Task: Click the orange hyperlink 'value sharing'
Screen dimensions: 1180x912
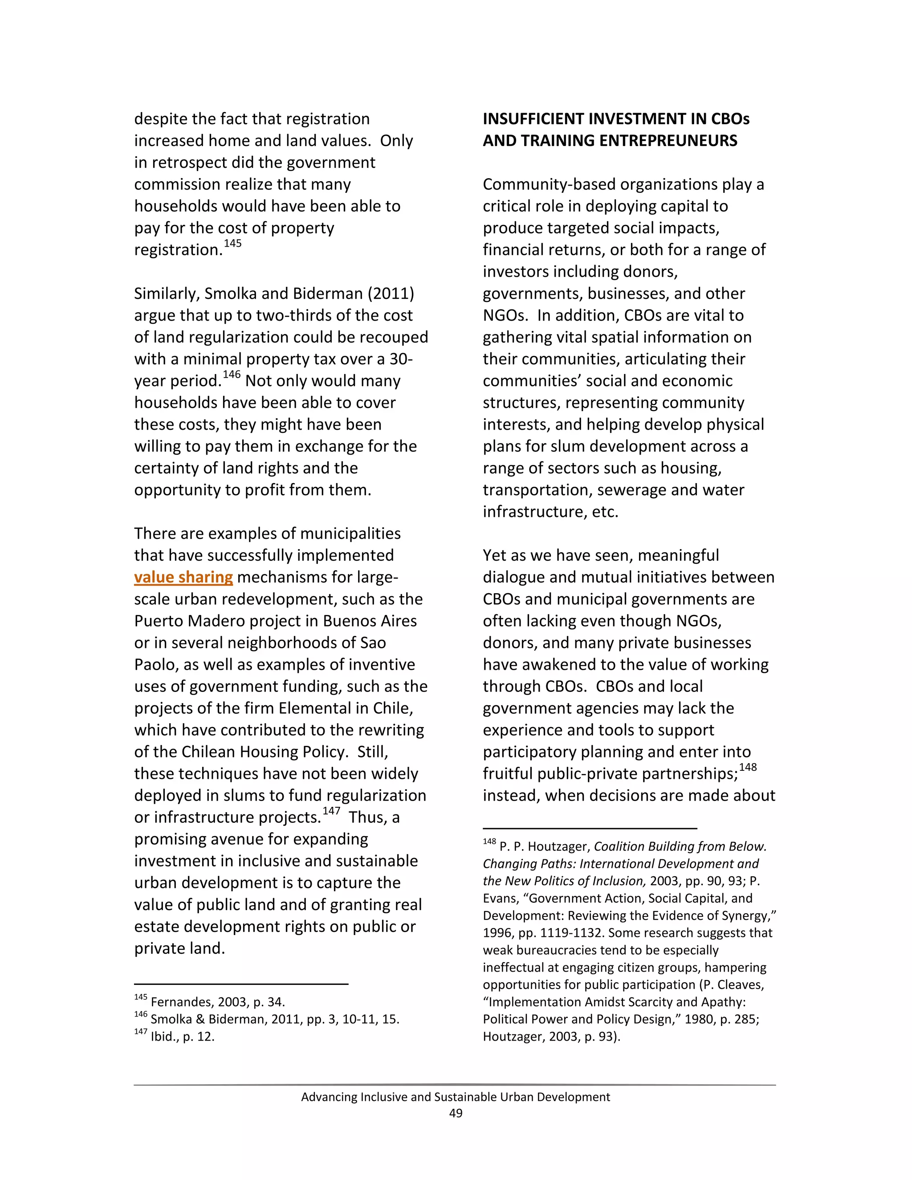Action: (183, 578)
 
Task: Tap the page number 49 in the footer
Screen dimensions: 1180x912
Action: (456, 1113)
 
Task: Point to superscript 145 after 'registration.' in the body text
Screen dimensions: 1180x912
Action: (233, 243)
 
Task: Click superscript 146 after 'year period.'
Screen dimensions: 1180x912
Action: (231, 374)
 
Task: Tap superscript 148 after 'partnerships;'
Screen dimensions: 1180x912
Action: (748, 767)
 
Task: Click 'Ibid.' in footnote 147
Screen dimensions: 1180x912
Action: (165, 1036)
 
